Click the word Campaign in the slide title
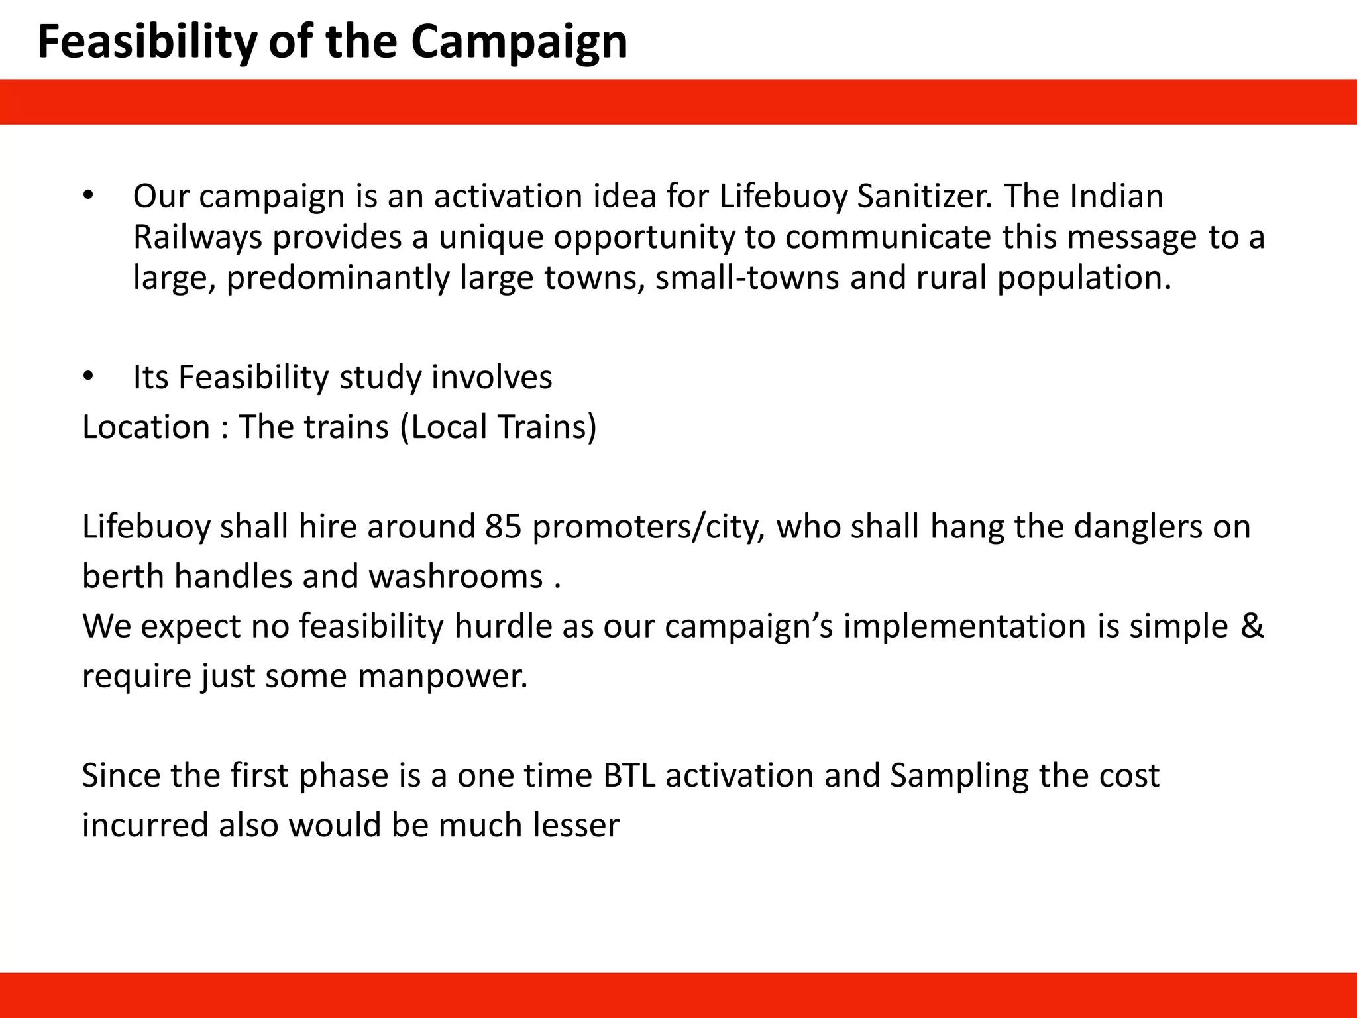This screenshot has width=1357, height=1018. pos(518,42)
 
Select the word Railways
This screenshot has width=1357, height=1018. pos(197,237)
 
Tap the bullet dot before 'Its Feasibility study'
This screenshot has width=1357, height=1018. pos(89,376)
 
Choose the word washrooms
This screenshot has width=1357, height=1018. pos(456,577)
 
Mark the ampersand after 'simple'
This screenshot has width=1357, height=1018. pos(1251,626)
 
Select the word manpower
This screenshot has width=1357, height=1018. pos(442,677)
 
